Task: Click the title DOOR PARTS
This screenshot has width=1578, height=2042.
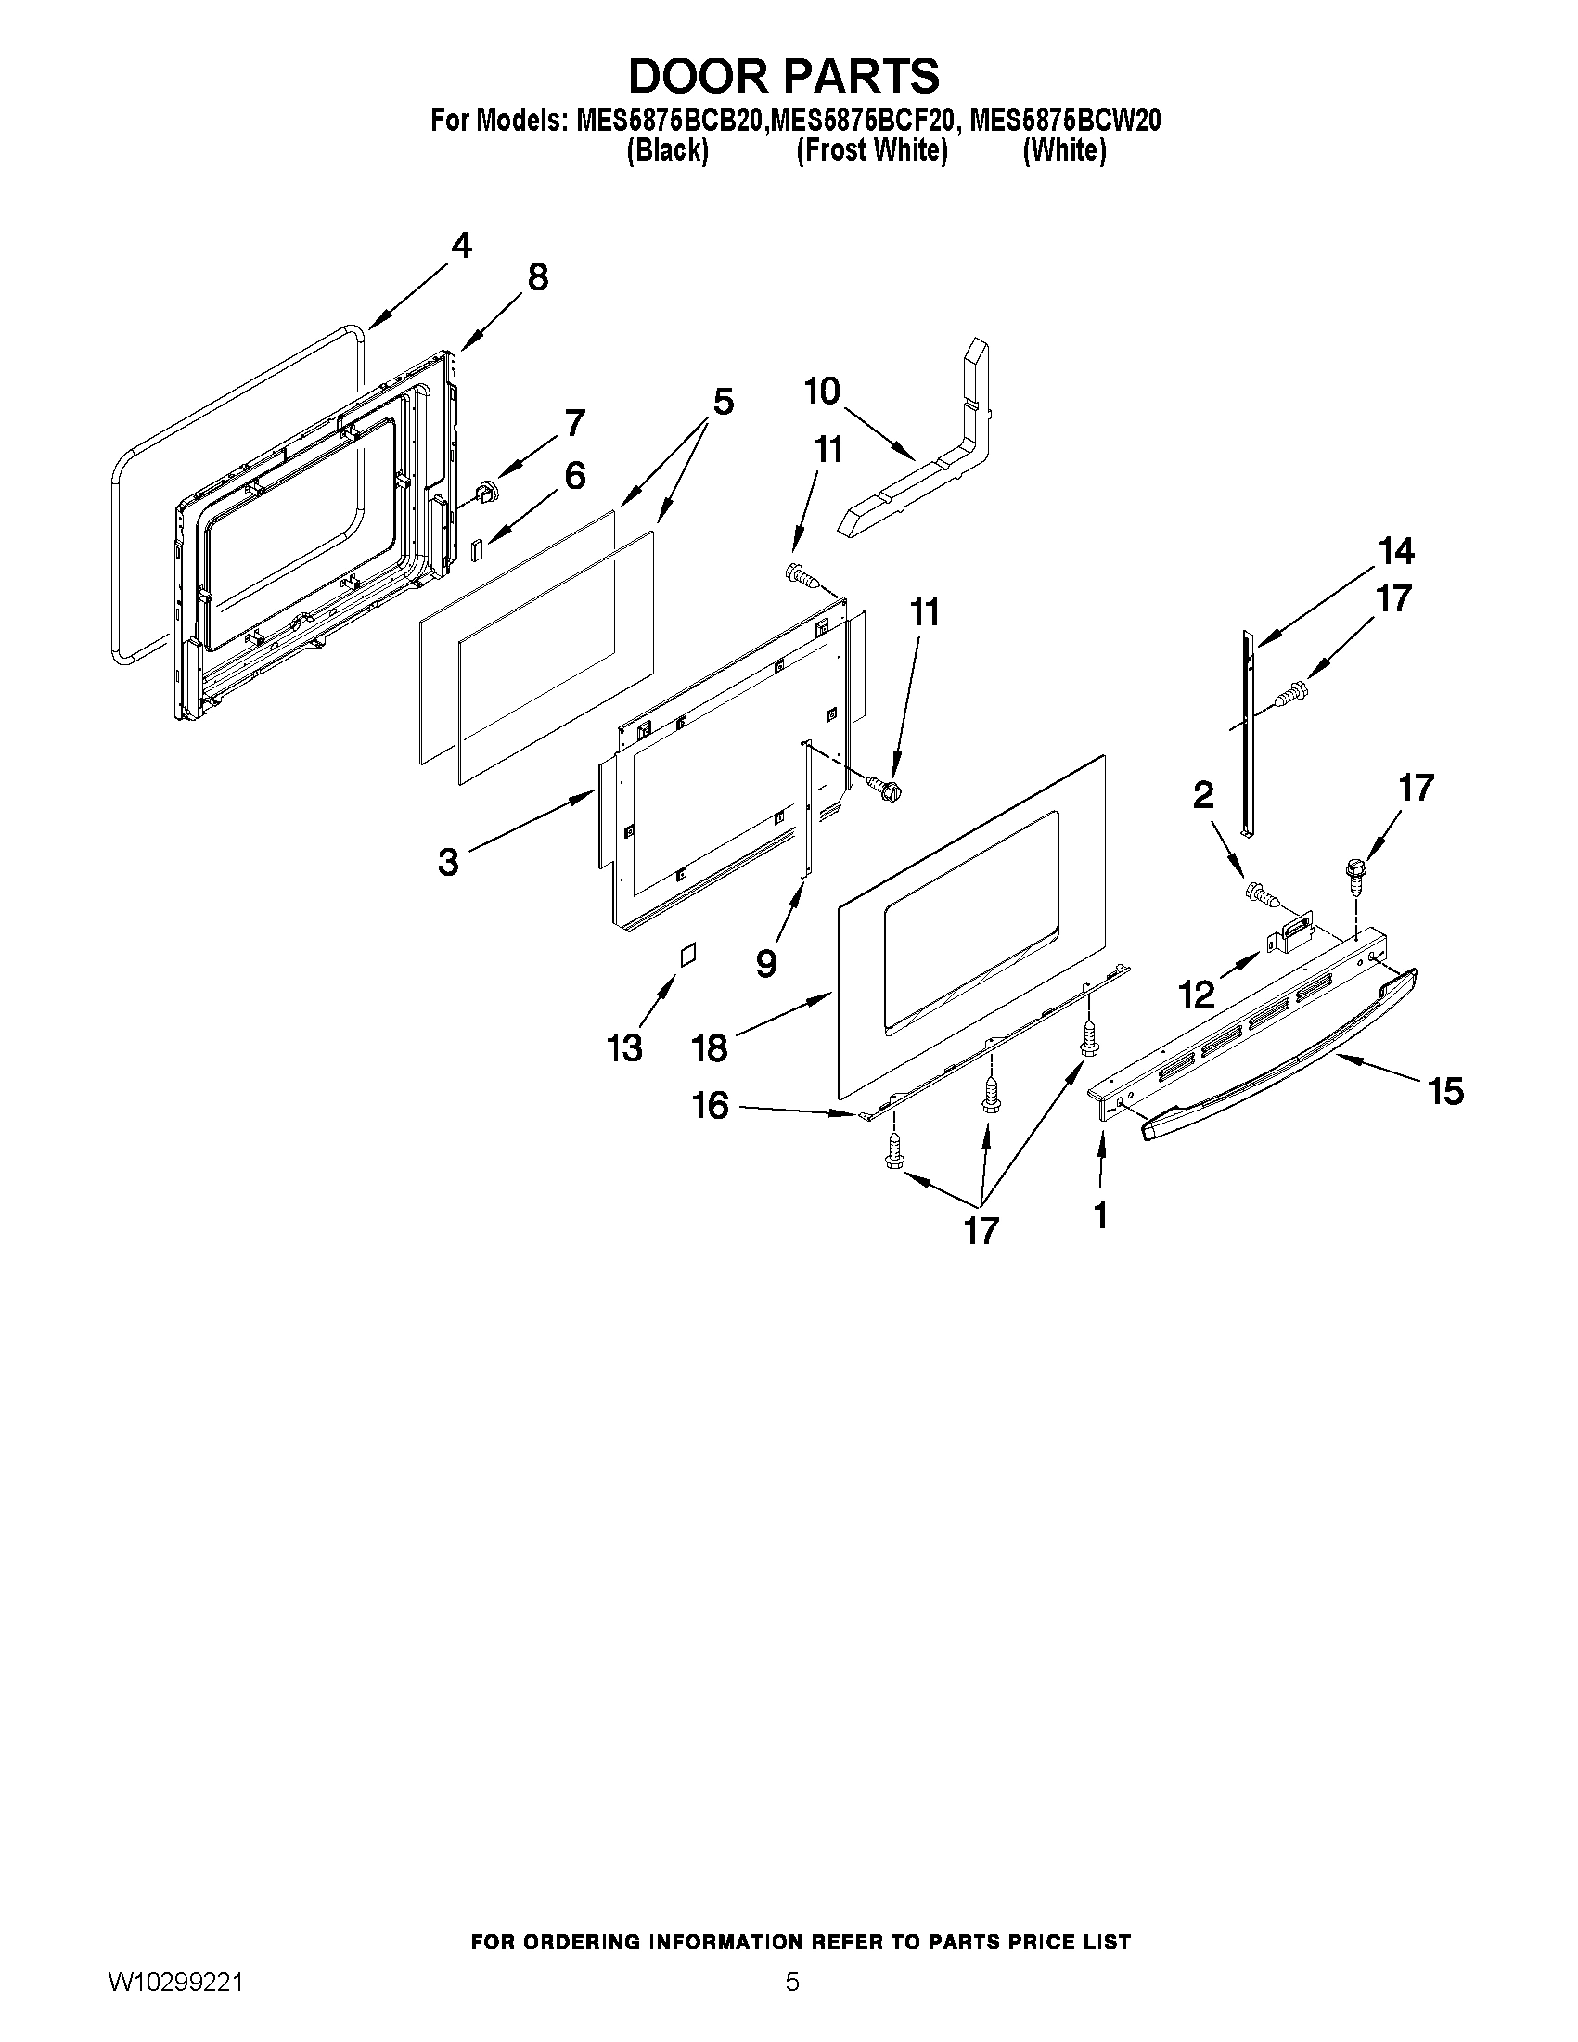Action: click(x=783, y=76)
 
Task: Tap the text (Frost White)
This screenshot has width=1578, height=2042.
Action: click(x=871, y=150)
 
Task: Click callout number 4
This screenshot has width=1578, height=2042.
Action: click(x=461, y=246)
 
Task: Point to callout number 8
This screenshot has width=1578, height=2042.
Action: click(x=537, y=277)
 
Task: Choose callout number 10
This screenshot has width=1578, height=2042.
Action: click(x=822, y=392)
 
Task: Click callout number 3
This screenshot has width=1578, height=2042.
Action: click(x=449, y=861)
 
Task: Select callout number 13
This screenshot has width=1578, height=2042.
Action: click(x=624, y=1047)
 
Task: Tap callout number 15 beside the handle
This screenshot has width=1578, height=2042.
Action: click(x=1446, y=1091)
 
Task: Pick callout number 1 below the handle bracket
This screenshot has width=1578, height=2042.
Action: click(x=1100, y=1215)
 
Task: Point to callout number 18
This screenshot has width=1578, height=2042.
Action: click(x=710, y=1047)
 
